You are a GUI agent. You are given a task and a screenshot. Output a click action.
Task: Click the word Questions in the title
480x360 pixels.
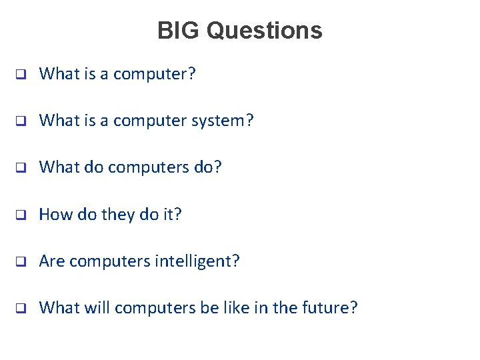(265, 31)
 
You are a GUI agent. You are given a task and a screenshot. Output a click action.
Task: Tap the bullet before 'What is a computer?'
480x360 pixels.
(21, 75)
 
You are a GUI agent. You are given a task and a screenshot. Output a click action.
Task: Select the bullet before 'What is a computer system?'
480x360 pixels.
(21, 121)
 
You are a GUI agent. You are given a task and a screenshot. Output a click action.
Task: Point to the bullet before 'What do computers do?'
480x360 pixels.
(21, 168)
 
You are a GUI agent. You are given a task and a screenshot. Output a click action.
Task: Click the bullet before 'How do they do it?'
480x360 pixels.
(21, 215)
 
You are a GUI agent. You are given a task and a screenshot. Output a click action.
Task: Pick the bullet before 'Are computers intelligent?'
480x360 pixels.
(21, 261)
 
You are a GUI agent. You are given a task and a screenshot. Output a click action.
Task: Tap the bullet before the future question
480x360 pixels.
(21, 308)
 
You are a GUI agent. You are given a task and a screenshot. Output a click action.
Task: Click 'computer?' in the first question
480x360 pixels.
(155, 75)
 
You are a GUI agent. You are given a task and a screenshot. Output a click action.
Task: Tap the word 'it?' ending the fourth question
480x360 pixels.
(170, 215)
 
